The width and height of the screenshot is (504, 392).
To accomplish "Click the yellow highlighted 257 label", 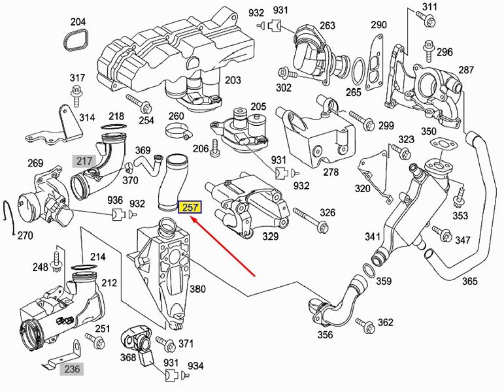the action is (x=190, y=208).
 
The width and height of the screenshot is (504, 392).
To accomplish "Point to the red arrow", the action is (x=223, y=246).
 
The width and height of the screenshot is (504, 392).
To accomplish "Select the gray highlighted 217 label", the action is (x=84, y=161).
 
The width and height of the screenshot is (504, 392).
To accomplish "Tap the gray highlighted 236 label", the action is (x=72, y=369).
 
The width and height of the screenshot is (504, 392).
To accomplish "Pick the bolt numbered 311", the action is (x=426, y=19).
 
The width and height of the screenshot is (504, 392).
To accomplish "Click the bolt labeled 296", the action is (x=429, y=51).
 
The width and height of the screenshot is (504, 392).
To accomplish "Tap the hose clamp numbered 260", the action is (x=178, y=131).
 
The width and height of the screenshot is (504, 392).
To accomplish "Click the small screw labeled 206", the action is (x=214, y=148).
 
